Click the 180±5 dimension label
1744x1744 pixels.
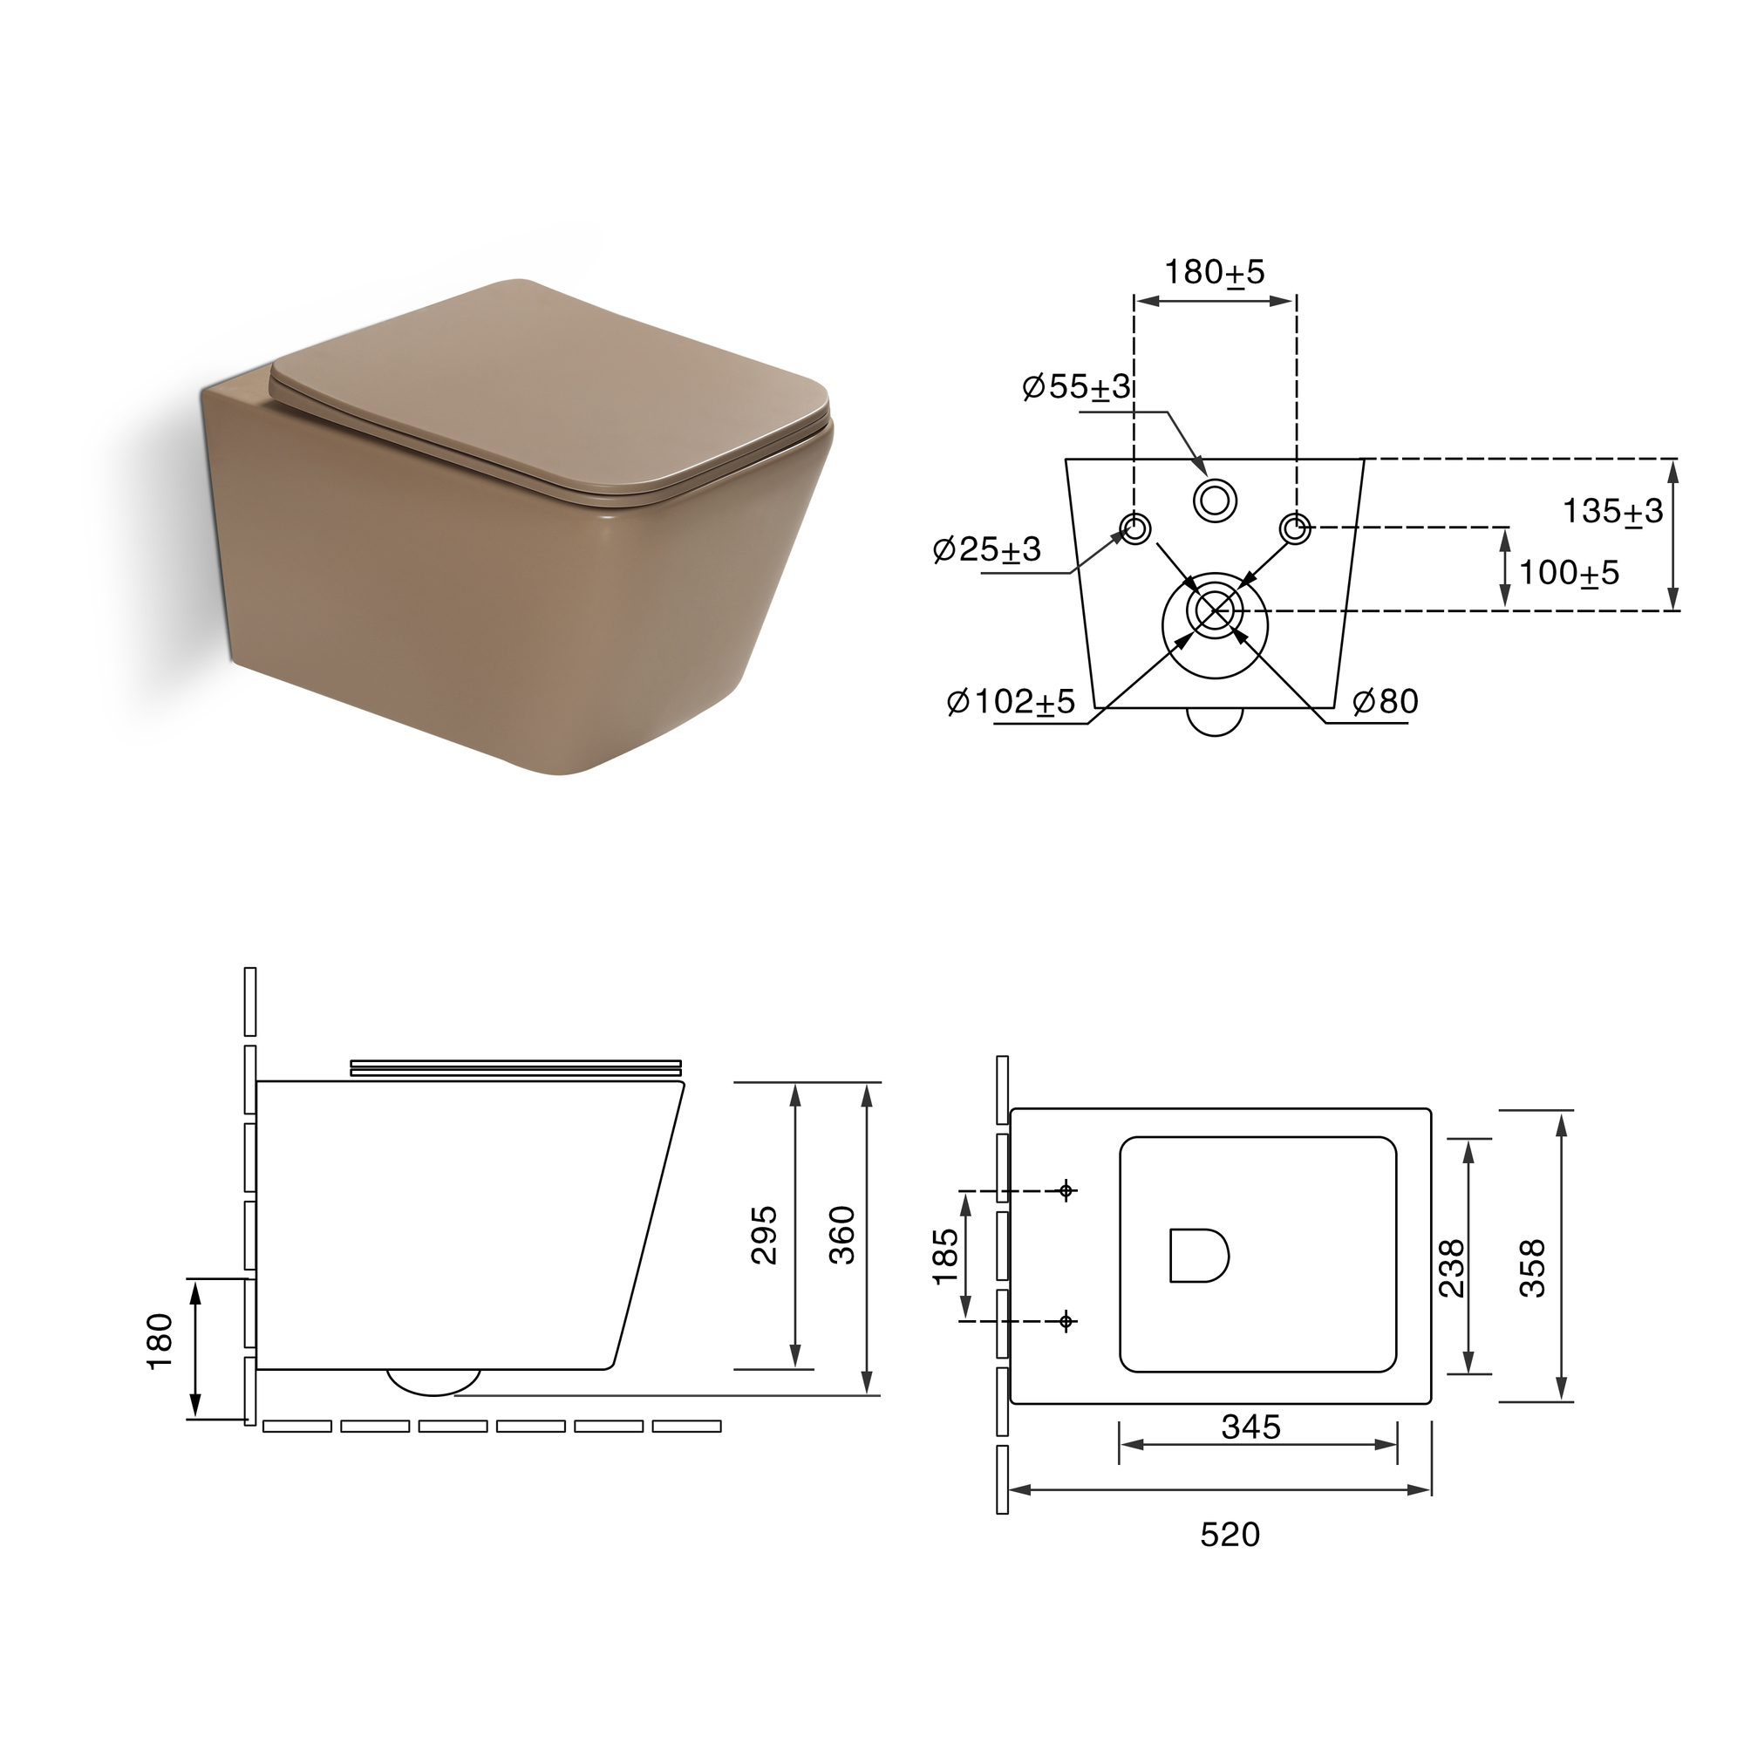(1214, 272)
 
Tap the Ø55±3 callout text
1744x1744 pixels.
(1076, 386)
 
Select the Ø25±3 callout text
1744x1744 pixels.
(986, 548)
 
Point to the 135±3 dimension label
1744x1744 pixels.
(1612, 511)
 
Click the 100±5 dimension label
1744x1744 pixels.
(1569, 572)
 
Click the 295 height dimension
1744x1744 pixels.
(765, 1234)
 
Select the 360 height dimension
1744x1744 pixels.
(841, 1234)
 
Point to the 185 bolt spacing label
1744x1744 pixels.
(944, 1256)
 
